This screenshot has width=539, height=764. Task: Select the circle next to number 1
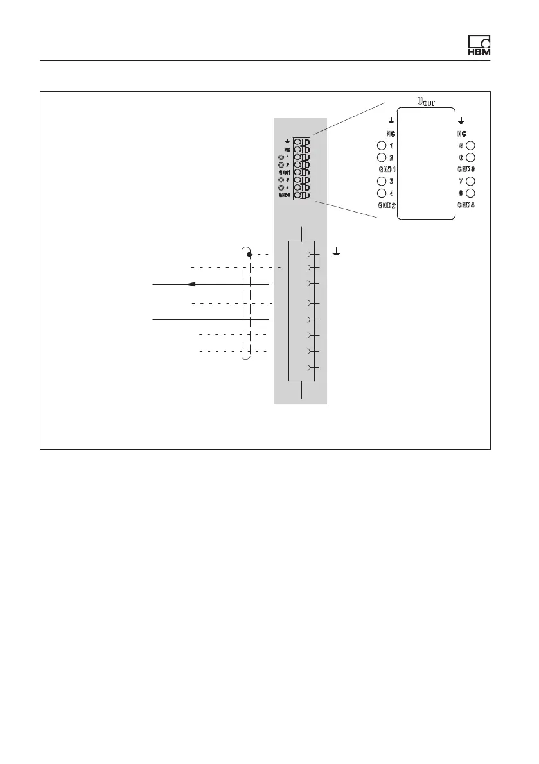[x=382, y=146]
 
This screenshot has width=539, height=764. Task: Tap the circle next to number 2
[x=382, y=157]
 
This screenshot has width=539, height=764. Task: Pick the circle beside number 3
[x=382, y=181]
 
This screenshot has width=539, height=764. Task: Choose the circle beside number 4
[x=382, y=193]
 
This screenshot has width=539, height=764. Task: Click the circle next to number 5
[x=470, y=146]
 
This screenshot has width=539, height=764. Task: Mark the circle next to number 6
[x=470, y=157]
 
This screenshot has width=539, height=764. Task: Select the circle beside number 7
[x=470, y=181]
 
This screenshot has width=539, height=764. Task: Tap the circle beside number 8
[x=470, y=193]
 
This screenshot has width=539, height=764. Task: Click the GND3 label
[x=466, y=169]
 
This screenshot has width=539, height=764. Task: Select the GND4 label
[x=466, y=205]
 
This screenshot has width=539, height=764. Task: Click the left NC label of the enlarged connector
[x=390, y=134]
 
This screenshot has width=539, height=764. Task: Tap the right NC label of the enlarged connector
[x=461, y=134]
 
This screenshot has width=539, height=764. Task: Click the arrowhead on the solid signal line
[x=191, y=284]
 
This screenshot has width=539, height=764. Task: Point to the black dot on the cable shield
[x=250, y=254]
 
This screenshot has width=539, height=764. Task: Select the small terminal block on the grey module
[x=301, y=168]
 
